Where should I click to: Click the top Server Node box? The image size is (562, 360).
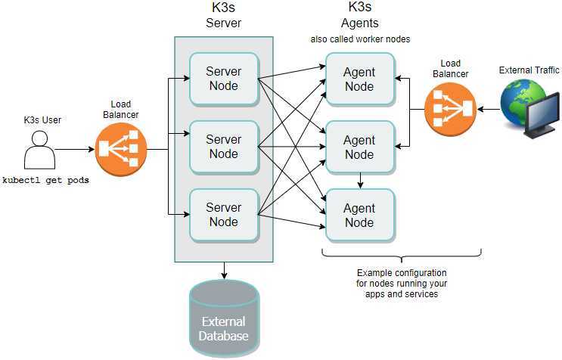pos(223,78)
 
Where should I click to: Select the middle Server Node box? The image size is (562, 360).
pos(223,146)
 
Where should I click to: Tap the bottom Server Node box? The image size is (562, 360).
pos(223,214)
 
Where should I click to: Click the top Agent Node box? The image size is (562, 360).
pos(359,79)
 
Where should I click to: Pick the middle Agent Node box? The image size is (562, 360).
pos(359,147)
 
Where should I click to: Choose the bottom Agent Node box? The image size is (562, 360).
pos(359,215)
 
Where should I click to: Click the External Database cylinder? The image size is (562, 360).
pos(223,318)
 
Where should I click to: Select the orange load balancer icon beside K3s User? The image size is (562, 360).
pos(121,149)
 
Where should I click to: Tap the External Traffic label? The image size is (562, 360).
pos(529,70)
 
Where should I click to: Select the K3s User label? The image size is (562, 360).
pos(42,119)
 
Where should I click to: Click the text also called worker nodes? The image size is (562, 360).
pos(360,39)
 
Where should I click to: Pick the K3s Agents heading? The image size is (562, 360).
pos(359,16)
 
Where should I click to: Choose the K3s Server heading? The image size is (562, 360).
pos(223,16)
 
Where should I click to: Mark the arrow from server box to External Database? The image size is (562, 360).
pos(224,270)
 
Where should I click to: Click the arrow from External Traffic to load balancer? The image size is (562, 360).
pos(489,110)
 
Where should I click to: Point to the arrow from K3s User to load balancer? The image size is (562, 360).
pos(74,150)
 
